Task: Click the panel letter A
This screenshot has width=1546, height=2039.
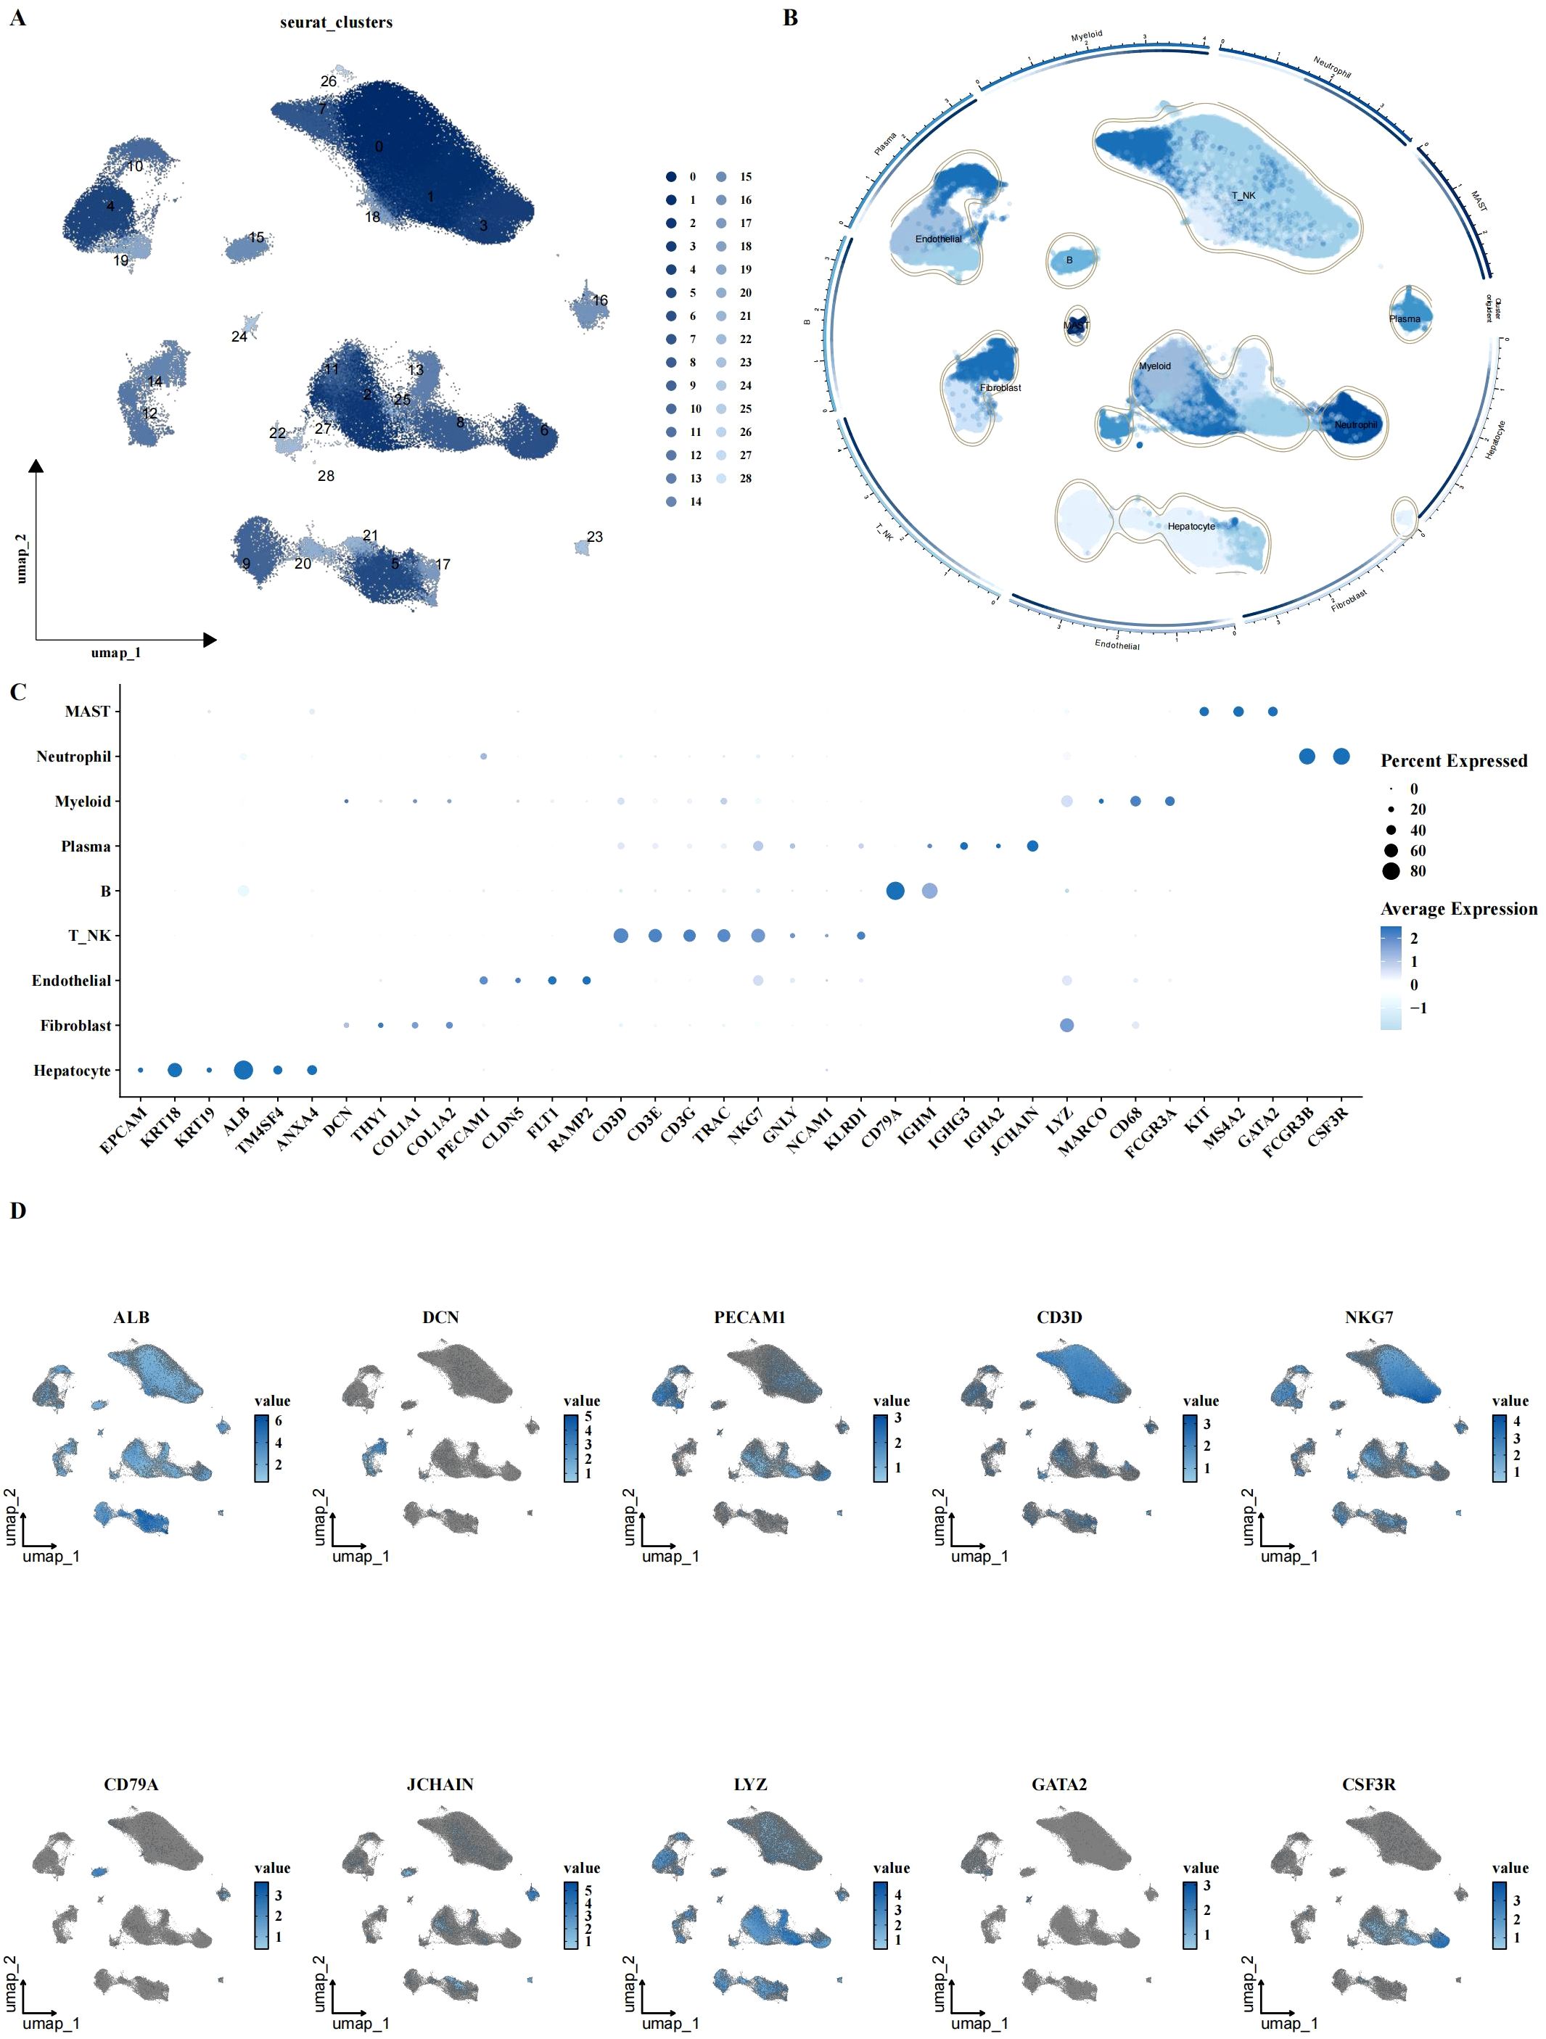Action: (17, 17)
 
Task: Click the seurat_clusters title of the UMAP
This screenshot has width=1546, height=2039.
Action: (336, 22)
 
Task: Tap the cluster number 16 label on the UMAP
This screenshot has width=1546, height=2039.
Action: (600, 300)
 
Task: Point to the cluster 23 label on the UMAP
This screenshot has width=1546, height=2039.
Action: (595, 537)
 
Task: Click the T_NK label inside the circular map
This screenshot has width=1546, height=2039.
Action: (1243, 195)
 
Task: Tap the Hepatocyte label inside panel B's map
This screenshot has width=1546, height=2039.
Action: (1191, 527)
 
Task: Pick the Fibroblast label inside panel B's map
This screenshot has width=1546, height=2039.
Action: (1000, 388)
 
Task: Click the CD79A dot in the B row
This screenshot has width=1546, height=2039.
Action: (895, 891)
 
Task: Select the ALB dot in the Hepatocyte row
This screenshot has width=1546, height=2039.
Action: (243, 1070)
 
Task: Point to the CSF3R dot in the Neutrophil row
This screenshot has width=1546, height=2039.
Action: (1341, 757)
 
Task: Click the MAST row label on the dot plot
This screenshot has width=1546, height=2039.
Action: (88, 712)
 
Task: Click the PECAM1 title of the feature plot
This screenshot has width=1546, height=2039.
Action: (749, 1317)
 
